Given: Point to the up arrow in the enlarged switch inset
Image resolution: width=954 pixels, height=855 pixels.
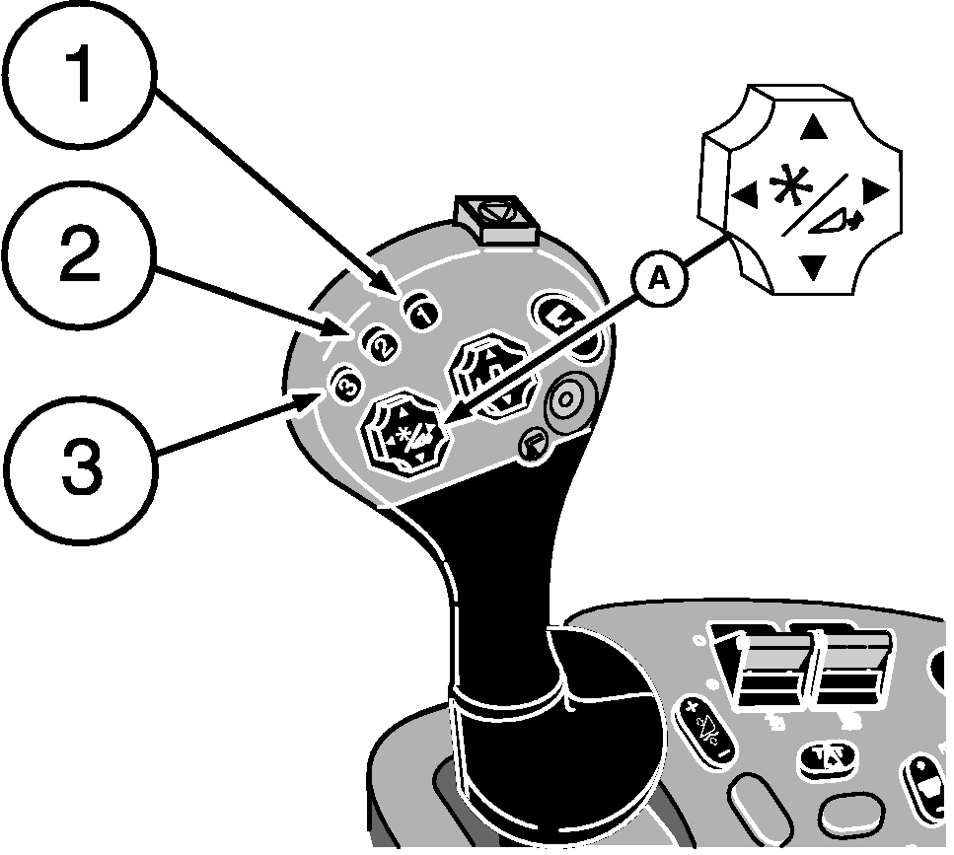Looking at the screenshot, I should tap(813, 127).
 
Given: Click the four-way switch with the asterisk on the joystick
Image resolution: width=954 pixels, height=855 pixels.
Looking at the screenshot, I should tap(406, 435).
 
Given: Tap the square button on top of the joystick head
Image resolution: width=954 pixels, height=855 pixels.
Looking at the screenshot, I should tap(495, 216).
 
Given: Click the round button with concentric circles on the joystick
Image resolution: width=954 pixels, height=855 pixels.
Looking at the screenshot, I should tap(565, 402).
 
